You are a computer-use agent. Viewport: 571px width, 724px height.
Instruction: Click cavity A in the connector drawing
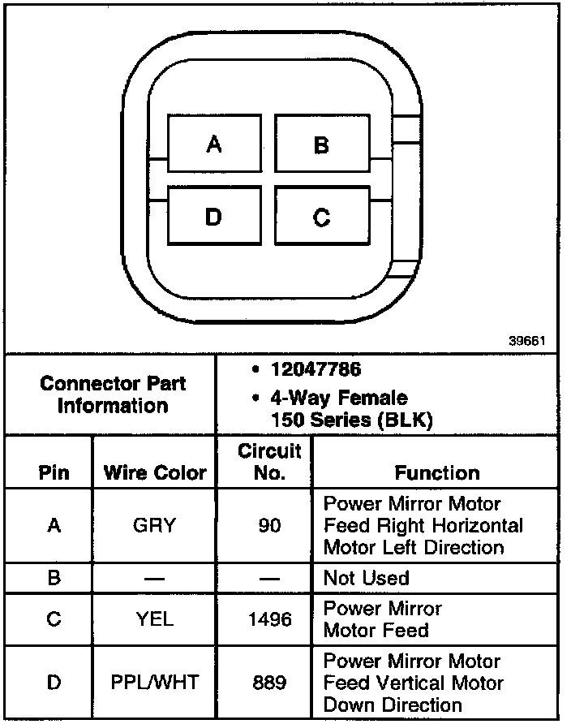point(213,144)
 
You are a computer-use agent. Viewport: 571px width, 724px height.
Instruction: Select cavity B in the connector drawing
point(322,144)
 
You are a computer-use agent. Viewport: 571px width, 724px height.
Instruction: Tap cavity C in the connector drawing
point(322,217)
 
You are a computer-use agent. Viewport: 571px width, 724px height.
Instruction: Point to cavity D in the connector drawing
point(213,217)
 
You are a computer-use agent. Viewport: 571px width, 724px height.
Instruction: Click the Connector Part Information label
point(113,394)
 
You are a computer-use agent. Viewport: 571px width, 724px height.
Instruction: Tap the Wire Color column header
point(155,473)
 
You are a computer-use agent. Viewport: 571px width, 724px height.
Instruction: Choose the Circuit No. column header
point(269,462)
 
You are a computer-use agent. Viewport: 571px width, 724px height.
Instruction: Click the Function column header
point(436,473)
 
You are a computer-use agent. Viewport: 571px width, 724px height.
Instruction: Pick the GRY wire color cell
point(154,525)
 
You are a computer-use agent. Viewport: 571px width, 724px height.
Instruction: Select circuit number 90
point(269,525)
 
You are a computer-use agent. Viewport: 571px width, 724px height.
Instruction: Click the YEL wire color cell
point(154,619)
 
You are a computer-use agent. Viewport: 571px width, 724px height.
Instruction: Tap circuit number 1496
point(269,619)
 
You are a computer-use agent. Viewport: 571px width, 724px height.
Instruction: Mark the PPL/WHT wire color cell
point(154,683)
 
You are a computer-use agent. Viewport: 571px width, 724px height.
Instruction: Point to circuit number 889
point(269,683)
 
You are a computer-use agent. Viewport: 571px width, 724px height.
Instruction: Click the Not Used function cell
point(366,578)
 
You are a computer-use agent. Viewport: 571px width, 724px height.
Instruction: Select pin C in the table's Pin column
point(54,619)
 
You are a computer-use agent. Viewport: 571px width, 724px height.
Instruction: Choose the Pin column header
point(54,473)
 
